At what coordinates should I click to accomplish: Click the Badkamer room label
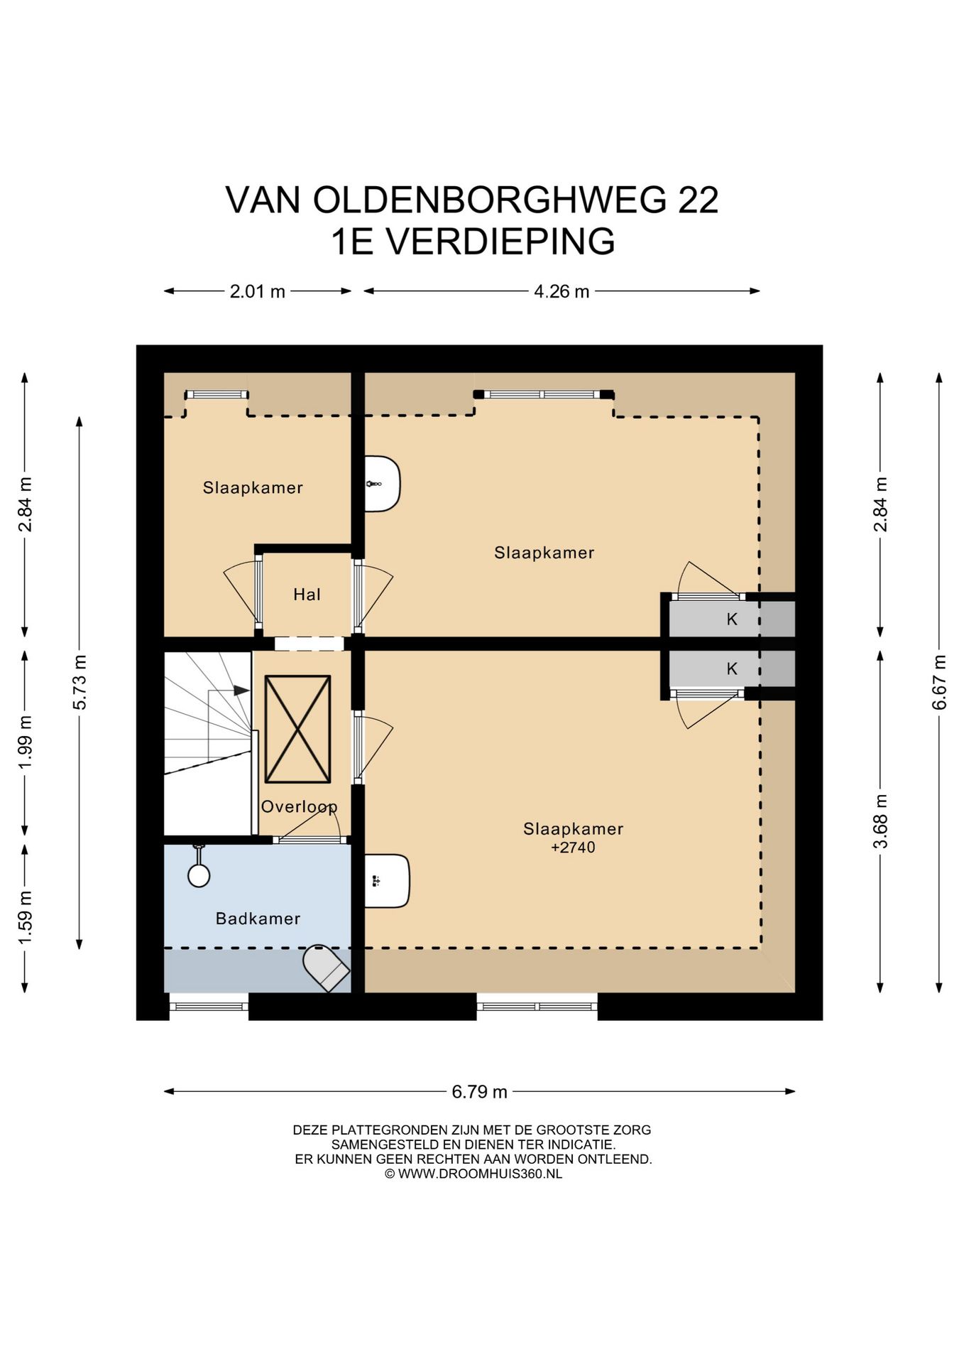[258, 919]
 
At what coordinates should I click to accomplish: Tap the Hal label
[307, 595]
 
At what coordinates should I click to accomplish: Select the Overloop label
[299, 806]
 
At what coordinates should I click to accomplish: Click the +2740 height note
[573, 847]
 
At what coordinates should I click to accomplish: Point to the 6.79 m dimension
[480, 1091]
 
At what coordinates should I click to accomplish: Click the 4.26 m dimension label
[562, 291]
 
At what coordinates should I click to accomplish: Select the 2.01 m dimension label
[257, 291]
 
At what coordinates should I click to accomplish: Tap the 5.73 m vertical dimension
[80, 682]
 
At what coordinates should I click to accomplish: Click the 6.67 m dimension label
[940, 682]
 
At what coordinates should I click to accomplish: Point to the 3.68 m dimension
[880, 821]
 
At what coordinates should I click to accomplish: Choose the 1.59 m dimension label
[26, 918]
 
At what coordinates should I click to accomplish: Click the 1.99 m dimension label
[26, 742]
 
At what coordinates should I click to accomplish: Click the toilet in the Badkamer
[326, 968]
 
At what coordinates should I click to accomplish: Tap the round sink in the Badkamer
[199, 875]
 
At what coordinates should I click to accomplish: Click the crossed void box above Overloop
[297, 729]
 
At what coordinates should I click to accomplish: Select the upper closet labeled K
[732, 619]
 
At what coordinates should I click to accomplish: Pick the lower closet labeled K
[732, 669]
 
